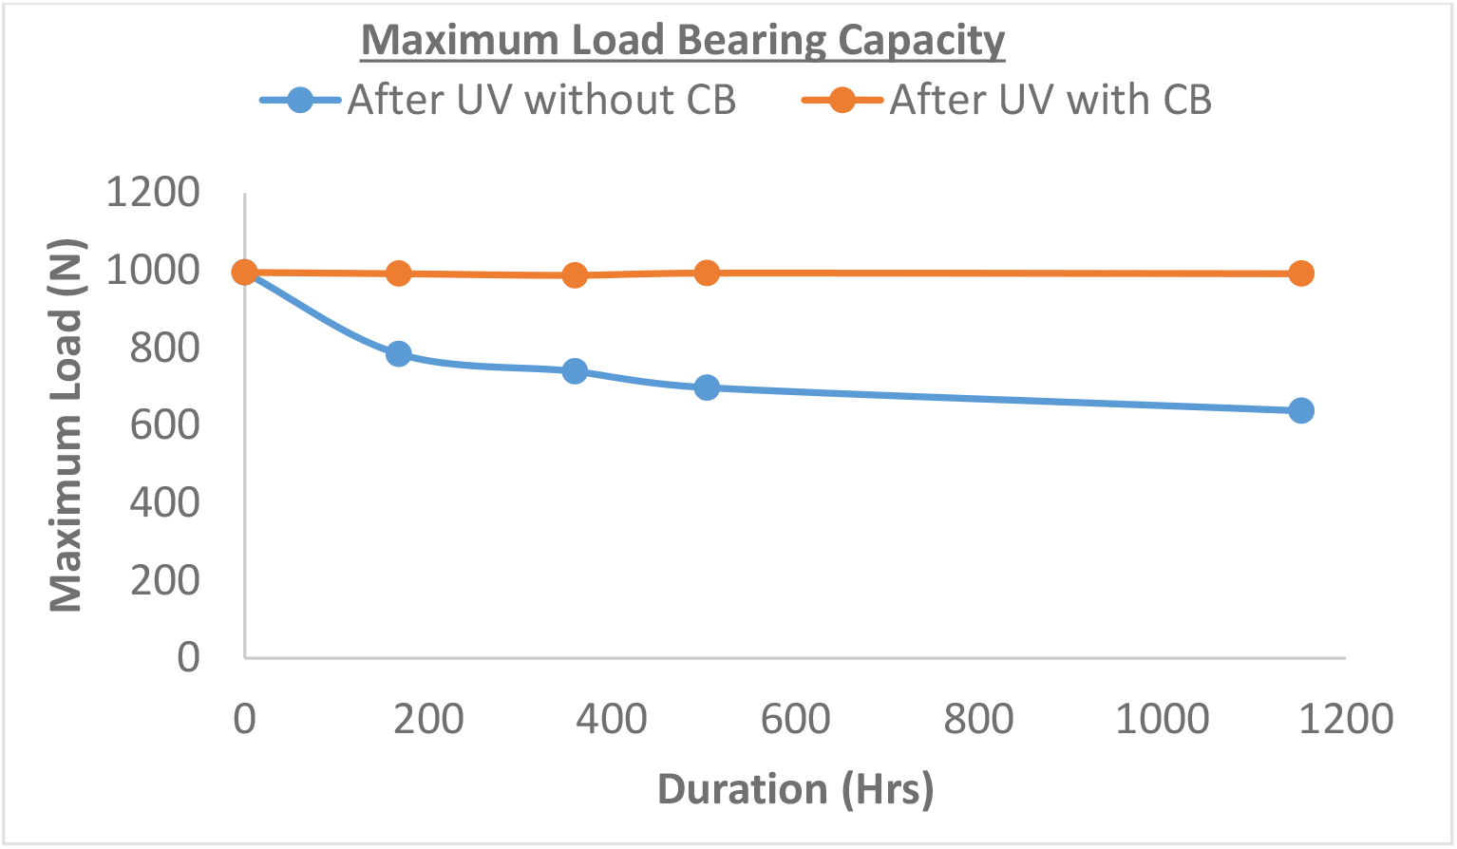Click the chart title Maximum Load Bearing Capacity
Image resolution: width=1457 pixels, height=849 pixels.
click(x=683, y=41)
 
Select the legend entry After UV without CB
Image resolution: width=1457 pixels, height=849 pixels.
click(x=541, y=100)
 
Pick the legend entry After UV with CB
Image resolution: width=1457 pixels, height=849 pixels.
click(x=1050, y=100)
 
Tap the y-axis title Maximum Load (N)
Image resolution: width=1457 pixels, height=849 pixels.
click(x=66, y=424)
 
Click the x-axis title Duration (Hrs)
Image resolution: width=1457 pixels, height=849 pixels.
click(x=795, y=789)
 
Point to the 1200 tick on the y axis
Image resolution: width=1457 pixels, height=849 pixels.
click(x=153, y=193)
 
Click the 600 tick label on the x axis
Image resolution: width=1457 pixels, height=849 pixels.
click(x=795, y=719)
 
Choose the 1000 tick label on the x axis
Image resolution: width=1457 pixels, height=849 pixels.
click(x=1162, y=719)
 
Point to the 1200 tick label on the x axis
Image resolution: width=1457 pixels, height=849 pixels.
click(x=1345, y=719)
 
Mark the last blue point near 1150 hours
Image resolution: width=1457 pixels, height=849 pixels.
click(x=1300, y=410)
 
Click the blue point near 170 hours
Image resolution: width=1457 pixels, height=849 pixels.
click(x=399, y=354)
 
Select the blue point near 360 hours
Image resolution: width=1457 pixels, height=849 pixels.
click(x=575, y=370)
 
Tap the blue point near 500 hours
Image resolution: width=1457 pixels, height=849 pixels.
click(x=707, y=387)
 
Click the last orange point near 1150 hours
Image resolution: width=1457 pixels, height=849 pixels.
click(x=1300, y=274)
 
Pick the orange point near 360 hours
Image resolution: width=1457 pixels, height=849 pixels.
click(x=575, y=275)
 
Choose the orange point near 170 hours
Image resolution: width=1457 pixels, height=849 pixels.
click(x=399, y=274)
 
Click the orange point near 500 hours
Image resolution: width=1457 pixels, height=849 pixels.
click(x=707, y=274)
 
